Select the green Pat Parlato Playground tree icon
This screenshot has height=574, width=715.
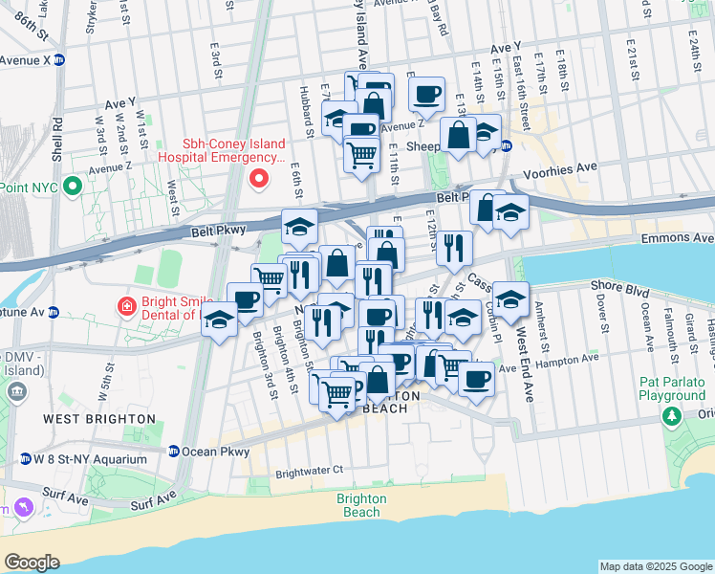click(x=672, y=416)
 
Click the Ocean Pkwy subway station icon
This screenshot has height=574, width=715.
click(x=174, y=452)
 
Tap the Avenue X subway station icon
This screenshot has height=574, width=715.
click(x=58, y=59)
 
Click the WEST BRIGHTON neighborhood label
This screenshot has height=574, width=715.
click(x=98, y=419)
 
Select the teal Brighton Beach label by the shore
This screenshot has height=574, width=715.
click(x=361, y=505)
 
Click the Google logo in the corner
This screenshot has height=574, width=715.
click(x=32, y=562)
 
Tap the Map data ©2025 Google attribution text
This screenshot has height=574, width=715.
click(x=655, y=566)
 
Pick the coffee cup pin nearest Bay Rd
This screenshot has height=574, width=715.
click(x=426, y=94)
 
